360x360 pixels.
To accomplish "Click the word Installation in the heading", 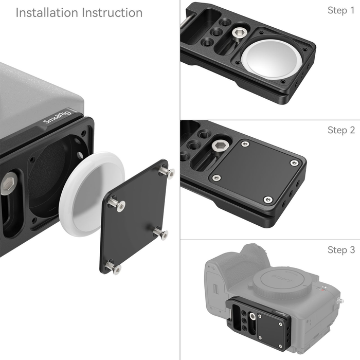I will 45,13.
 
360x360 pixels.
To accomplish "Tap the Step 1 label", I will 341,10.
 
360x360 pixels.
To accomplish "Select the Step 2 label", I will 341,130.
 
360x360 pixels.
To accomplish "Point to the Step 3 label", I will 341,250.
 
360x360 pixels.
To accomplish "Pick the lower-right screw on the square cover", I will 161,234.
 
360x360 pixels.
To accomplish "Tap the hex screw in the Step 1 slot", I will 238,34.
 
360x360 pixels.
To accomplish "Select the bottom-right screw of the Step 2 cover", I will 267,200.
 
